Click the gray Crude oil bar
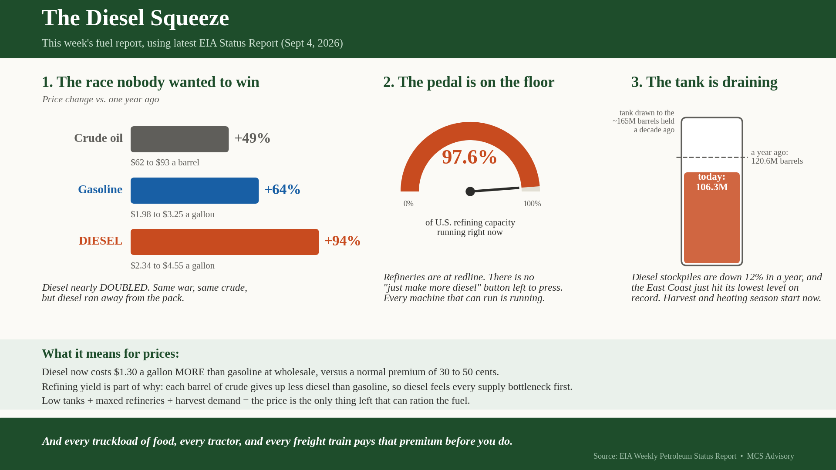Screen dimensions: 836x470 click(x=179, y=139)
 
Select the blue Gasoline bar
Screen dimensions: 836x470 click(x=195, y=191)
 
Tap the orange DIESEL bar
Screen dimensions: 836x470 click(x=225, y=242)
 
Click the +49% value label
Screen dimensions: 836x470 click(x=253, y=138)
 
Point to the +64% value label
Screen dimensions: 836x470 click(x=283, y=189)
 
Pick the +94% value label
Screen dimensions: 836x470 click(x=343, y=241)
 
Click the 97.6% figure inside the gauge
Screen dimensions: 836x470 click(x=469, y=157)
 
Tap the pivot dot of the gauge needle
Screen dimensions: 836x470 click(x=470, y=191)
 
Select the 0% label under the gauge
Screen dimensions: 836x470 click(x=408, y=204)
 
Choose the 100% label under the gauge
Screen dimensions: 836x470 click(x=532, y=204)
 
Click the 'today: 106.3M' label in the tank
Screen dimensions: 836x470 click(x=712, y=182)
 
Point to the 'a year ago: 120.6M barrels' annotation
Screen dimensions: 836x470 click(x=777, y=157)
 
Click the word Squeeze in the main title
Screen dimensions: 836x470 click(x=189, y=18)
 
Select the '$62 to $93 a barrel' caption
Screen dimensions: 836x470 click(x=165, y=162)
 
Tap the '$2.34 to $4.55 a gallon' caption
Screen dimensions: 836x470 click(x=172, y=265)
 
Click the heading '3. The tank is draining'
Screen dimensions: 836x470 click(x=705, y=82)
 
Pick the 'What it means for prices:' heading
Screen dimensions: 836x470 click(x=111, y=353)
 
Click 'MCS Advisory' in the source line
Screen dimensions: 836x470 click(x=771, y=456)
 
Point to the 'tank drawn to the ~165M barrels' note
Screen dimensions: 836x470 click(x=644, y=121)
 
